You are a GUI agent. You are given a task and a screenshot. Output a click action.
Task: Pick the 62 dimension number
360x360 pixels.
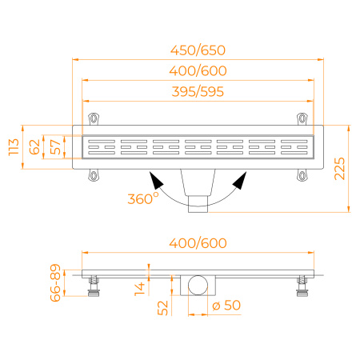(34, 146)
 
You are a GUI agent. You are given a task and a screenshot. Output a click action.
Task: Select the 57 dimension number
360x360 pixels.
(54, 146)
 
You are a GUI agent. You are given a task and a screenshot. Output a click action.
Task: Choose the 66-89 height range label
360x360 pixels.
(54, 282)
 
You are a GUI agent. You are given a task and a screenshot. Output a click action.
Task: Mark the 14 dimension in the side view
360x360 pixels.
(141, 286)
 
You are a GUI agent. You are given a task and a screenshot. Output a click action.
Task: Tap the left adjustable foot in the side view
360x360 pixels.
(94, 284)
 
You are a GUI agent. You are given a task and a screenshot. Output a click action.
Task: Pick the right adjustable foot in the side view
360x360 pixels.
(302, 284)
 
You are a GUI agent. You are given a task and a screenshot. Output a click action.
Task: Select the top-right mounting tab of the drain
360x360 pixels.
(302, 119)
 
